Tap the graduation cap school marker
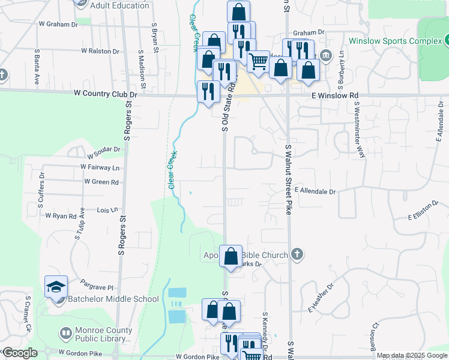coord(56,287)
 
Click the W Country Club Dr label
coord(106,94)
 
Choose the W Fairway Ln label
coord(100,167)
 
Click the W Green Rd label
coord(101,181)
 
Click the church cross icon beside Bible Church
coord(296,255)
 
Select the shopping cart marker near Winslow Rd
coord(259,61)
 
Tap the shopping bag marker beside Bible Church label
coord(231,256)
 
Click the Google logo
coord(19,353)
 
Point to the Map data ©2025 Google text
coord(411,355)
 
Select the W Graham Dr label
coord(58,25)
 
